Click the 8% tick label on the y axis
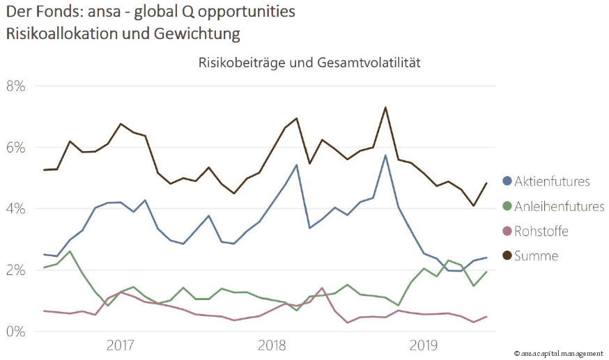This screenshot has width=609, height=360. point(15,86)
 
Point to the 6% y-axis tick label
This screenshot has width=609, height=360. point(15,148)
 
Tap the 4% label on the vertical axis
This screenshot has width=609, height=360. point(15,209)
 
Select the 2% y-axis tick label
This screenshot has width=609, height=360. point(15,270)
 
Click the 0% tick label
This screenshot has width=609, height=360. point(15,331)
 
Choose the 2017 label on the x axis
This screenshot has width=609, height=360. point(121,345)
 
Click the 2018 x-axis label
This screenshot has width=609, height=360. point(272,345)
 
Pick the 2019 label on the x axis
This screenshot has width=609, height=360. point(424,345)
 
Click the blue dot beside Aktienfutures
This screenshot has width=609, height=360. point(507,182)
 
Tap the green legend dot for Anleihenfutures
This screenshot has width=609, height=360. point(507,207)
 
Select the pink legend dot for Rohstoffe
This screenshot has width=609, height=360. point(507,231)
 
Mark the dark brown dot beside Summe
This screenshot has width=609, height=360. point(507,256)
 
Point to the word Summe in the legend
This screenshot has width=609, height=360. point(537,256)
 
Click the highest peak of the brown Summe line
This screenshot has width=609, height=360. point(385,108)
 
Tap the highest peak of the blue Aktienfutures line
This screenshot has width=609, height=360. point(385,155)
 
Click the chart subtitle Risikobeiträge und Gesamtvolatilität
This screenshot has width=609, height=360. point(309,63)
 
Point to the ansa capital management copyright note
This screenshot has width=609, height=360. point(558,354)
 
